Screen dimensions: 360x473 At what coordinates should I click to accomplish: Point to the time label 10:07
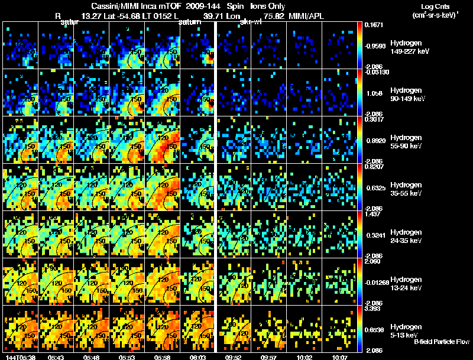[x=340, y=356]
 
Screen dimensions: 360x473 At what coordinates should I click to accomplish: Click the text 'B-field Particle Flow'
[x=441, y=342]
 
